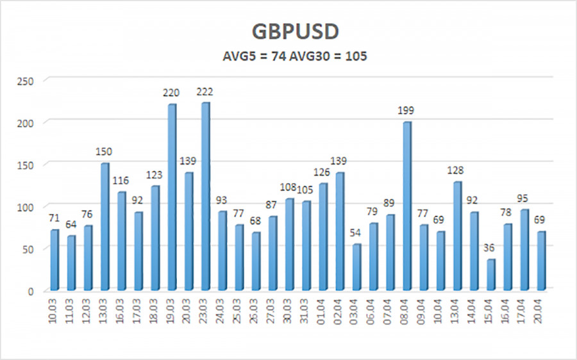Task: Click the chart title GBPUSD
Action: coord(288,33)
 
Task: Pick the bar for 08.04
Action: coord(406,205)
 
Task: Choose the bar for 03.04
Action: coord(356,266)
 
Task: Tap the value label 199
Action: coord(406,111)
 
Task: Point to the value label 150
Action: coord(104,152)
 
